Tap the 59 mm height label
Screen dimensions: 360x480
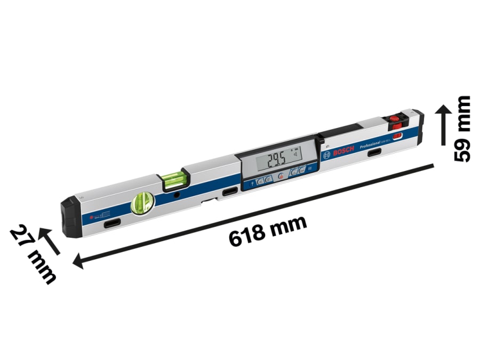click(x=462, y=128)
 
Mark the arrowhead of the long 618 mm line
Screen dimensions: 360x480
click(x=79, y=261)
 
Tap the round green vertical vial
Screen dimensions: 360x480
click(x=142, y=203)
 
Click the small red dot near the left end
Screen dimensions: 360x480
click(x=92, y=218)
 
